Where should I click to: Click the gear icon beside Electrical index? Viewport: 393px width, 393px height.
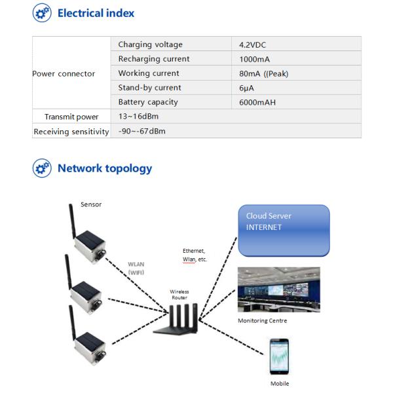[42, 13]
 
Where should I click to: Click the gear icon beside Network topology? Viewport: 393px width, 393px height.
[42, 168]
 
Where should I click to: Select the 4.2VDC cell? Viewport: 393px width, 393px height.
[253, 45]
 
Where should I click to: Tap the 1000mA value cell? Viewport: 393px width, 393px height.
[255, 59]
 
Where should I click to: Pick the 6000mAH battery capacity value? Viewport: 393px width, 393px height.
[259, 102]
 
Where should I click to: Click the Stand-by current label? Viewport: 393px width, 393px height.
[149, 88]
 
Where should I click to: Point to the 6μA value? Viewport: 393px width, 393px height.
[247, 88]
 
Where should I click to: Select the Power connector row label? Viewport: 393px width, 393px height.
[64, 73]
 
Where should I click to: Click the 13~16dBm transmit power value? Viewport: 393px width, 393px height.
[138, 117]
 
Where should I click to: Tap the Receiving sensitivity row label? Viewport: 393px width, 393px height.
[71, 131]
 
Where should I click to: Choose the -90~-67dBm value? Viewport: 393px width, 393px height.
[142, 131]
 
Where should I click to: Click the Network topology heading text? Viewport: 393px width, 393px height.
[105, 168]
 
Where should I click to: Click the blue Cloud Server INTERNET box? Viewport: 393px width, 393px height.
[283, 230]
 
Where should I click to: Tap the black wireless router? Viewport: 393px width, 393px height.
[177, 320]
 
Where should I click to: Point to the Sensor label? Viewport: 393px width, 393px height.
[91, 204]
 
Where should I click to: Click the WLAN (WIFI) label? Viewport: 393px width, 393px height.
[136, 268]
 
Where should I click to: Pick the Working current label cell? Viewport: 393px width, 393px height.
[149, 73]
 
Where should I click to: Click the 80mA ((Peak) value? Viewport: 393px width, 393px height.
[264, 73]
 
